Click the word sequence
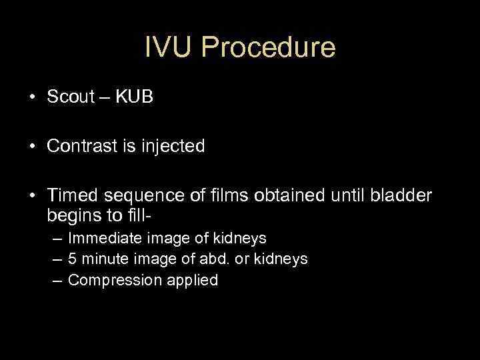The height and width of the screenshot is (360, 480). pos(137,196)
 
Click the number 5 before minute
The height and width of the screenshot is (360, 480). pos(73,259)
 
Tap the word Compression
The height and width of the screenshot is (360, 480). pos(111,280)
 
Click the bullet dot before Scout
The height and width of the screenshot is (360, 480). pos(31,97)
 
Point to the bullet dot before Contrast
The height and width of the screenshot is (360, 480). pos(31,146)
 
